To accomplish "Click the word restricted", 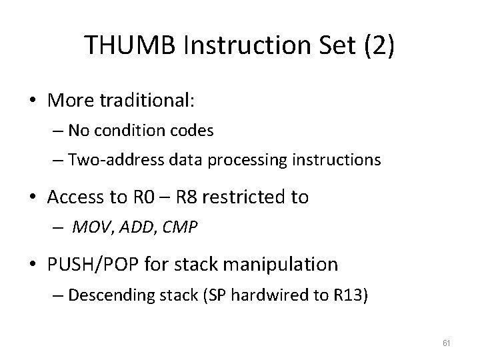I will [260, 197].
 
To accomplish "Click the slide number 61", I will [447, 342].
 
